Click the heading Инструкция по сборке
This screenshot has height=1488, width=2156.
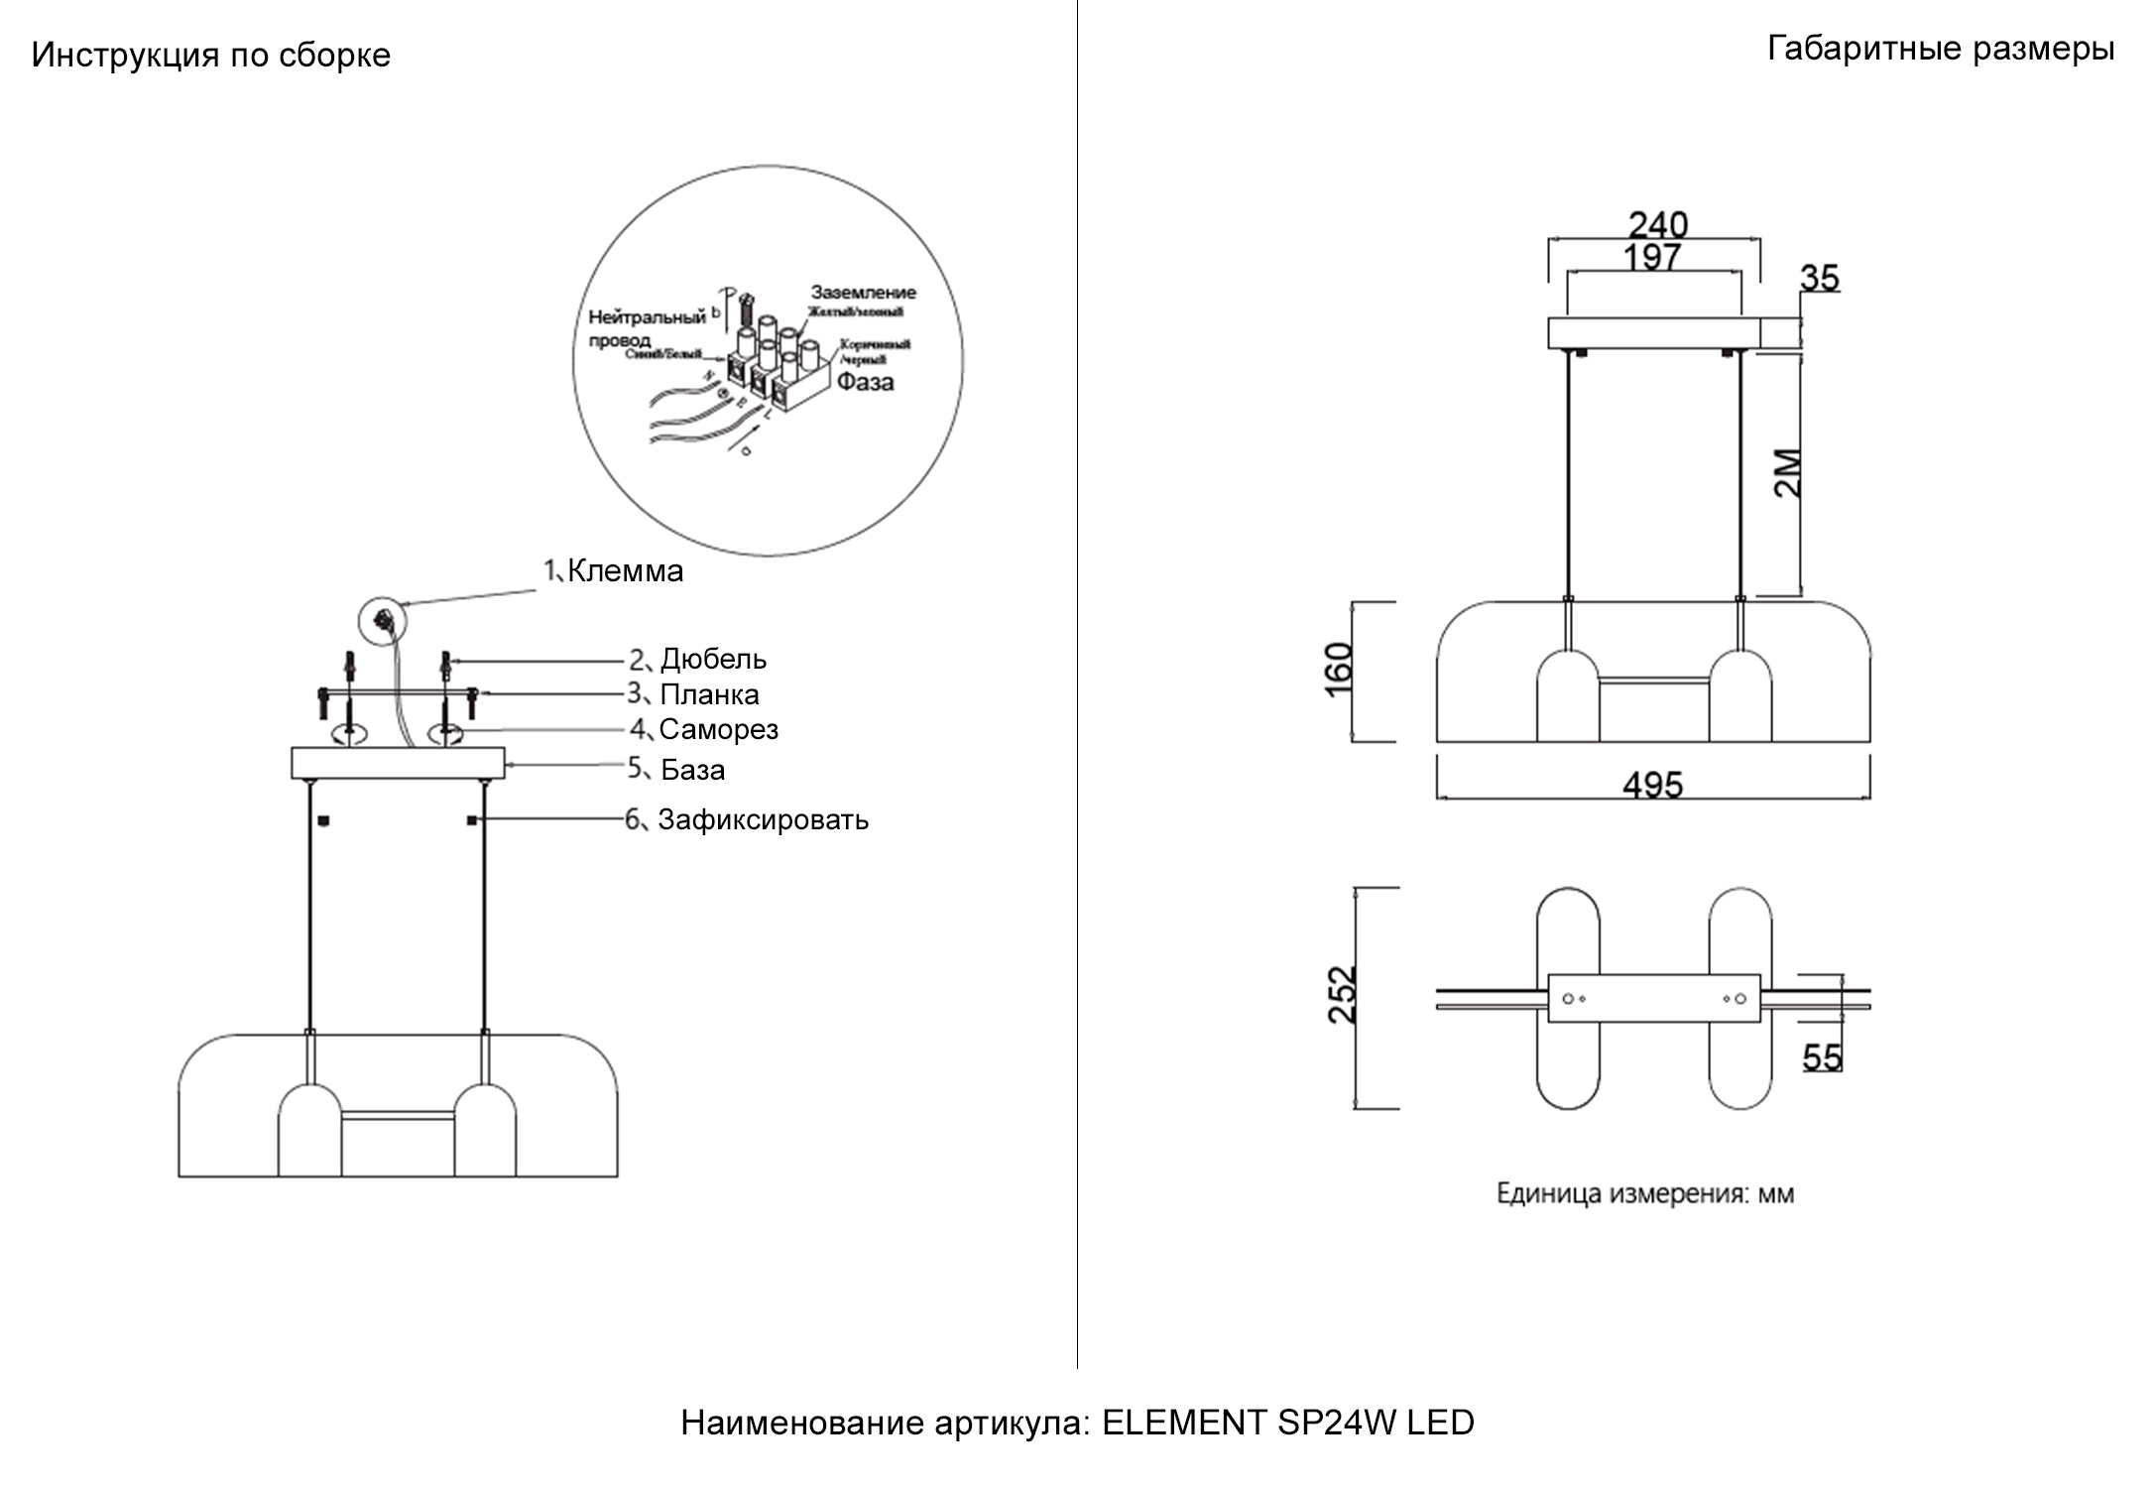(x=210, y=56)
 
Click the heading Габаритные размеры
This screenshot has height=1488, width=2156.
(x=1941, y=49)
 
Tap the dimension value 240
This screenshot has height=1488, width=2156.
(x=1657, y=224)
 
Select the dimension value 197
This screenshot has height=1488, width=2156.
(x=1651, y=258)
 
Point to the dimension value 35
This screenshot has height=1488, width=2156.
(x=1820, y=279)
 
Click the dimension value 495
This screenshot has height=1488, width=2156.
(x=1652, y=786)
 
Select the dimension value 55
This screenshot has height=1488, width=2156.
(x=1822, y=1057)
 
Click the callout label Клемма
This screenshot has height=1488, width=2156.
(x=625, y=571)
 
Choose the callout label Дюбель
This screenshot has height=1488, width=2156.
(x=713, y=659)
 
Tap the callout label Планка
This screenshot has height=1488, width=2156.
(x=709, y=694)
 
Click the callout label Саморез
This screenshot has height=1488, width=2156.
(x=718, y=729)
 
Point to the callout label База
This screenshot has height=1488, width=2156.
(x=692, y=770)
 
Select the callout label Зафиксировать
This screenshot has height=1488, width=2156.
(x=763, y=820)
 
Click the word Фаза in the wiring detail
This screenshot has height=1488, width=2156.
(x=865, y=382)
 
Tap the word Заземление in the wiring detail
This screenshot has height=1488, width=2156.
(x=863, y=293)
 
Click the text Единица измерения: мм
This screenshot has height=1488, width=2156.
(x=1644, y=1193)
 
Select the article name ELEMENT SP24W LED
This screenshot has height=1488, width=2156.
(x=1287, y=1423)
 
